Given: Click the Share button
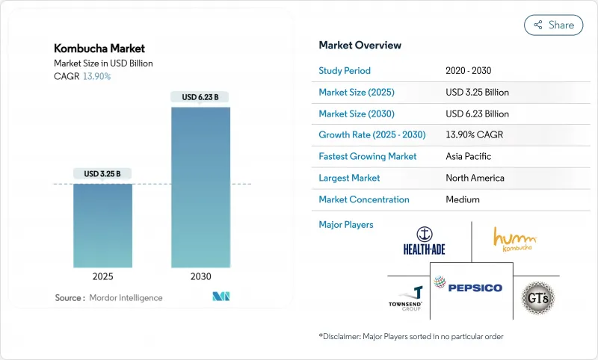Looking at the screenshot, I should point(554,25).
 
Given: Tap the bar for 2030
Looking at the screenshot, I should point(200,187).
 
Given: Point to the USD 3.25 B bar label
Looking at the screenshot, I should point(103,173).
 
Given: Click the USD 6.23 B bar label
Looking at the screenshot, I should point(200,97).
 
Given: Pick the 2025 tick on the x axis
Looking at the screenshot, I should point(103,276).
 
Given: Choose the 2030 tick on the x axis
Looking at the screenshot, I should point(200,276).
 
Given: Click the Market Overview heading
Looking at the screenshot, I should point(360,46).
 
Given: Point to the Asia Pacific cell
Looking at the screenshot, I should point(469,157).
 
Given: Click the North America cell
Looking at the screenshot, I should point(475,178).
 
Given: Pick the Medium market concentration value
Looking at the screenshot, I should point(462,199).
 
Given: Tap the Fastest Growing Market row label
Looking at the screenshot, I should point(368,157).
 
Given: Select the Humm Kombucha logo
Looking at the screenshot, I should point(514,239).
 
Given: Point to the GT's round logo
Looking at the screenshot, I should point(537,296).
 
